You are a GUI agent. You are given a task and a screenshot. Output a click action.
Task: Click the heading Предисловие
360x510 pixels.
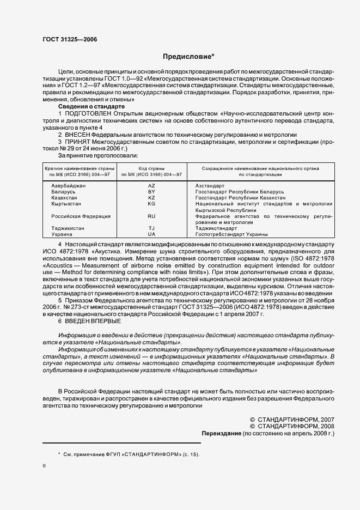coord(188,56)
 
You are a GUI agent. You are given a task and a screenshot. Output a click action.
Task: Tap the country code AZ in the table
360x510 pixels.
coord(152,186)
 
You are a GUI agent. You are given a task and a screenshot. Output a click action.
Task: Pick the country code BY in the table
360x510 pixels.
coord(152,192)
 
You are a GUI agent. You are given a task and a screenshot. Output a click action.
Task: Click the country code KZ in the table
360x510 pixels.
coord(152,198)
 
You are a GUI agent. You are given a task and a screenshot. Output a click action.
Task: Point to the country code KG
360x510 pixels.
coord(152,204)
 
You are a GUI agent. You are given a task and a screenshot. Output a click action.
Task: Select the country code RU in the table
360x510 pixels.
coord(152,216)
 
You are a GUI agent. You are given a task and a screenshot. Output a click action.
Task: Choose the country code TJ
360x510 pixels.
coord(152,228)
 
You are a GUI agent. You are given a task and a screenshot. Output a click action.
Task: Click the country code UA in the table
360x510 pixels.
coord(152,234)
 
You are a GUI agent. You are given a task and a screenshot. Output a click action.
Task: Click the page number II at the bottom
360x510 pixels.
coord(45,465)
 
